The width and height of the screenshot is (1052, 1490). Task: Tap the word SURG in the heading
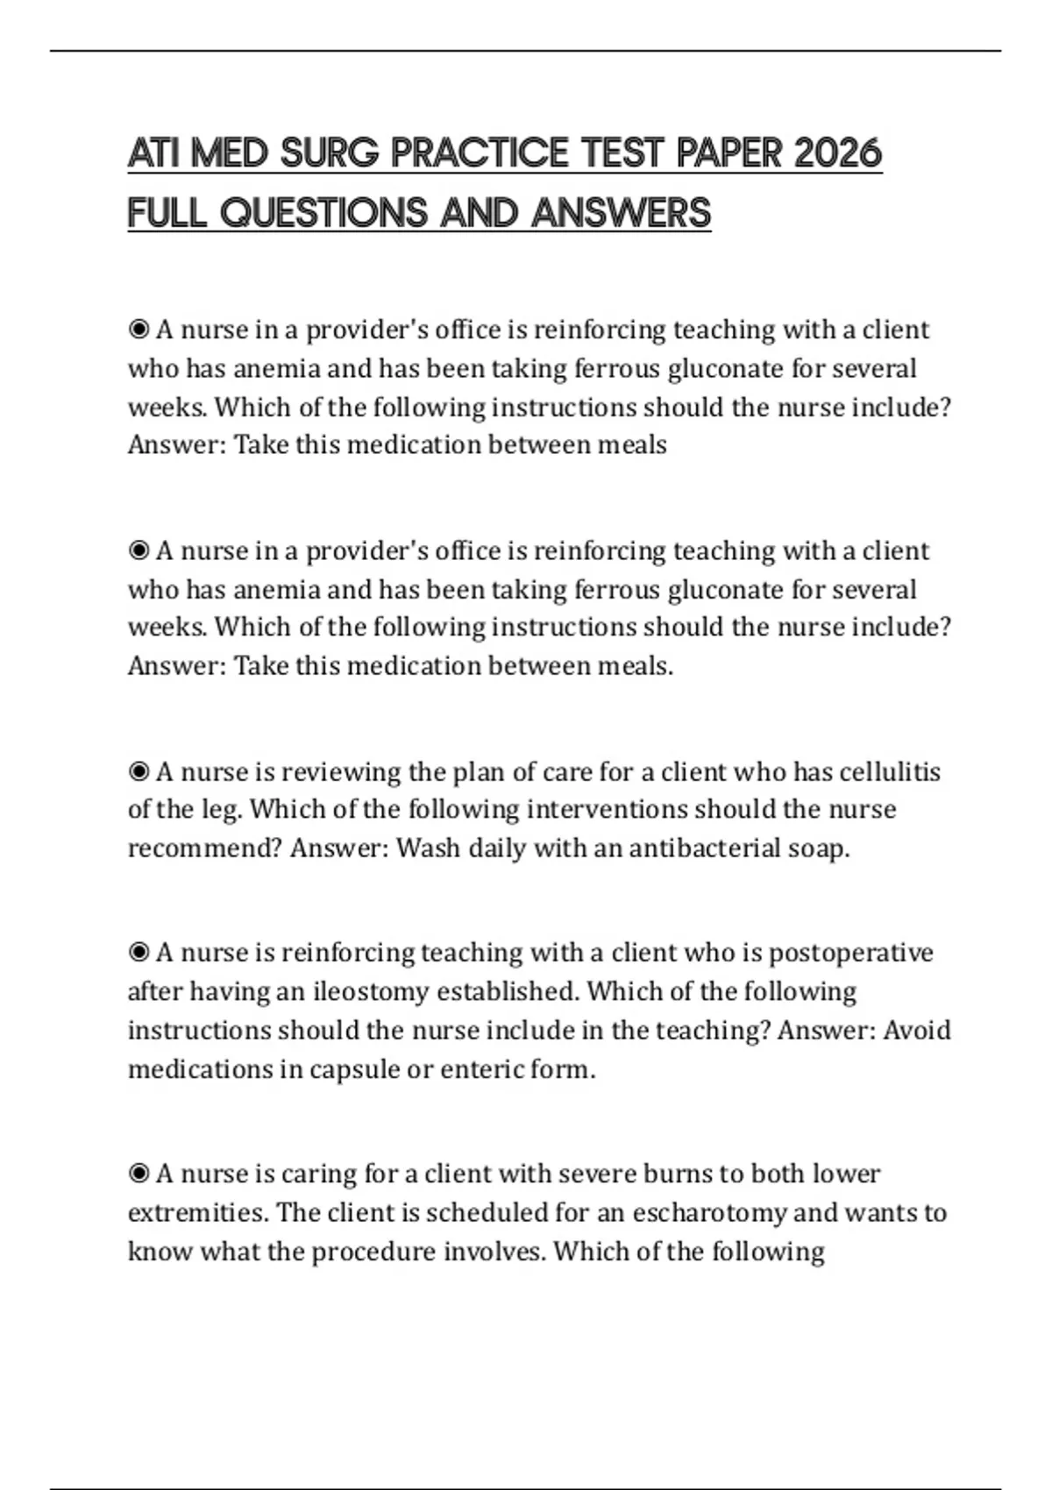329,153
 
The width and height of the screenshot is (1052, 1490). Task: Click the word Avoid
916,1030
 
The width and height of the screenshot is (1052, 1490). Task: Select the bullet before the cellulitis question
139,772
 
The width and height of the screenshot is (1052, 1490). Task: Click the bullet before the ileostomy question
139,953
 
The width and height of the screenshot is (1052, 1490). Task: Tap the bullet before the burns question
139,1174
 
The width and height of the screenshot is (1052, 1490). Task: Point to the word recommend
205,848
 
